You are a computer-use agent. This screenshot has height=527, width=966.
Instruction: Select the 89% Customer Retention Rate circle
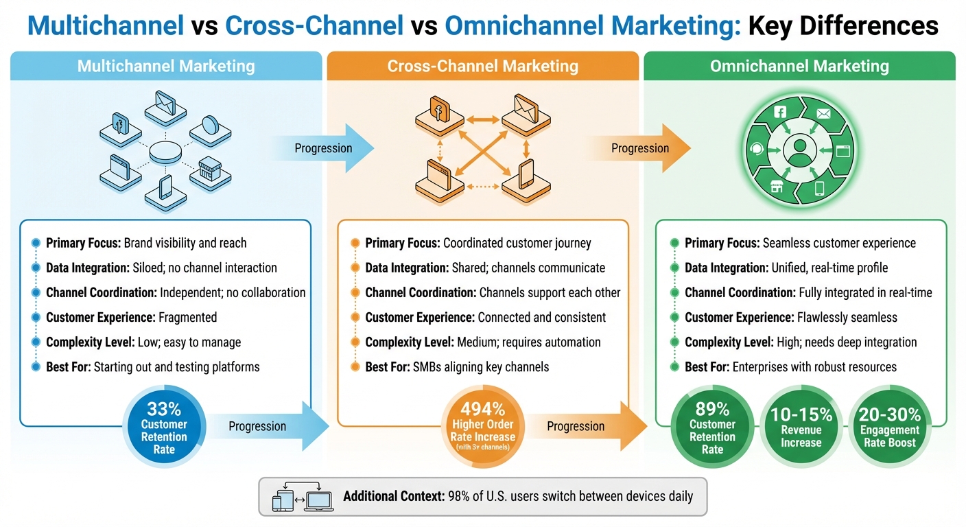[x=712, y=426]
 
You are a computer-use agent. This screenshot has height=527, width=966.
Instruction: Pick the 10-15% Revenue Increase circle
[x=801, y=427]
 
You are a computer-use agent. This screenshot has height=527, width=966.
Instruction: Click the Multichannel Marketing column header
[x=166, y=67]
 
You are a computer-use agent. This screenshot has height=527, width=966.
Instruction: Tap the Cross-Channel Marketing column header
[x=482, y=67]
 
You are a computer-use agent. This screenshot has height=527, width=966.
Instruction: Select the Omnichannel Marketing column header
[x=799, y=67]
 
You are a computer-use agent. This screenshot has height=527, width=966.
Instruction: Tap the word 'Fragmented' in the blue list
[x=187, y=317]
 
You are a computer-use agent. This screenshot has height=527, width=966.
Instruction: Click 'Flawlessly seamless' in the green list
[x=847, y=317]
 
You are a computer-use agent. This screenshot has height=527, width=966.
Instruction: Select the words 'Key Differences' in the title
[x=843, y=26]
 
